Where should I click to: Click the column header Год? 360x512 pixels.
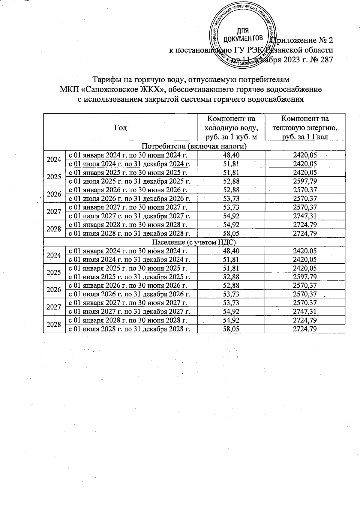point(121,127)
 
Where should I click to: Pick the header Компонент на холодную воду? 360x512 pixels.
point(231,127)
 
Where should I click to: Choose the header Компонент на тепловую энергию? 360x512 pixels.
point(305,127)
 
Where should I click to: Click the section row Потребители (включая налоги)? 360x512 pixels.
point(194,146)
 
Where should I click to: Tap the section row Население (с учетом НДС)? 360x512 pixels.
point(194,242)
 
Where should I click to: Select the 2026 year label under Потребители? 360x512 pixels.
point(54,194)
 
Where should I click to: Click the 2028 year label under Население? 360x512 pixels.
point(54,324)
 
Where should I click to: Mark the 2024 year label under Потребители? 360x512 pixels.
point(54,159)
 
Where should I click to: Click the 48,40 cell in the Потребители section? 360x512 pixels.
point(231,155)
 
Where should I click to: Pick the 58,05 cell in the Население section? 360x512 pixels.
point(231,329)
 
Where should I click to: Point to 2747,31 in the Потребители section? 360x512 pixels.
point(305,216)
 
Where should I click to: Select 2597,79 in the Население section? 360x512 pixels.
point(305,277)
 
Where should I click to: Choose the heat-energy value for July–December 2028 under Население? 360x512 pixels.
point(305,329)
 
